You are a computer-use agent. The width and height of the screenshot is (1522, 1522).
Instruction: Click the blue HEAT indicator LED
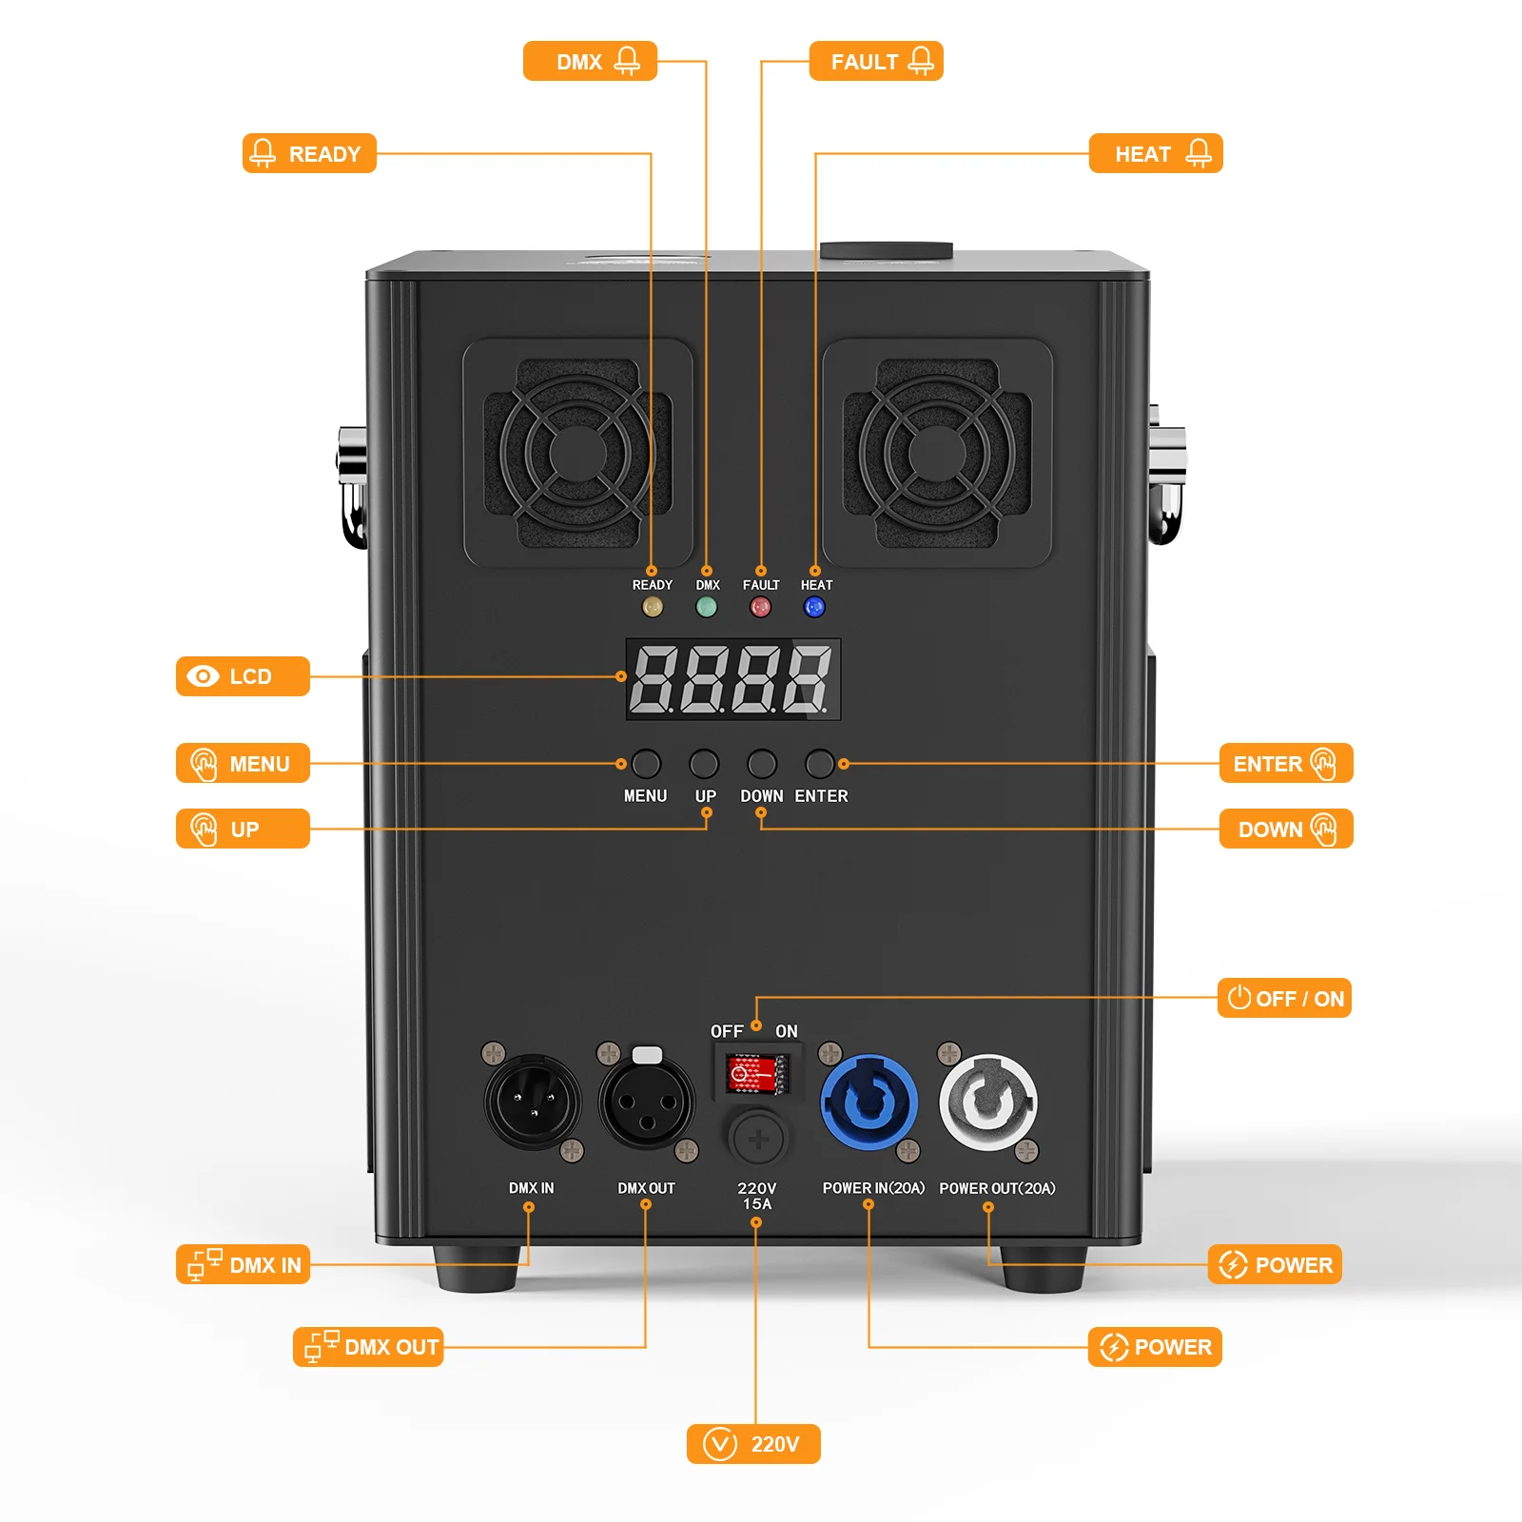[814, 607]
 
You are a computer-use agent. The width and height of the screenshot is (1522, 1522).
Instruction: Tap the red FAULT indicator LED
[760, 607]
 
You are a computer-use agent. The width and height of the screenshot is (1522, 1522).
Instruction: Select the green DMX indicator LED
[707, 607]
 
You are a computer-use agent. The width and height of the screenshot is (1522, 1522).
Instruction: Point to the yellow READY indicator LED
[653, 607]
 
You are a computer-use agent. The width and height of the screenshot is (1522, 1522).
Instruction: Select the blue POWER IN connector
[869, 1102]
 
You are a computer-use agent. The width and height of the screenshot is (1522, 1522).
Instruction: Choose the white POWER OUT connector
[987, 1102]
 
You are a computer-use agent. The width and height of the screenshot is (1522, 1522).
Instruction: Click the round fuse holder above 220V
[758, 1138]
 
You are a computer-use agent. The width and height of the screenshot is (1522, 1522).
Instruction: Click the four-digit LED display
[732, 679]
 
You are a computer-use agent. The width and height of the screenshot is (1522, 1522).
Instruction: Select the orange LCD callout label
[243, 676]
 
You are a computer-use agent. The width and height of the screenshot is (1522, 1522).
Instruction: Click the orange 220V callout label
[753, 1444]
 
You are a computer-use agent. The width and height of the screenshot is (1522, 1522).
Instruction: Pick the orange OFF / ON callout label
[1284, 999]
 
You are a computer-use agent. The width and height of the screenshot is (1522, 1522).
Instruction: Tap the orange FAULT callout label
[876, 62]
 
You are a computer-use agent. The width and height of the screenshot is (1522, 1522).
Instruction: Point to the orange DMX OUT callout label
[368, 1347]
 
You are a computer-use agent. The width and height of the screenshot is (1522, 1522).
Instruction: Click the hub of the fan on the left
[577, 454]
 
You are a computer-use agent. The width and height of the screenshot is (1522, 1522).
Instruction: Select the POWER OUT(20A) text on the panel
[997, 1188]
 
